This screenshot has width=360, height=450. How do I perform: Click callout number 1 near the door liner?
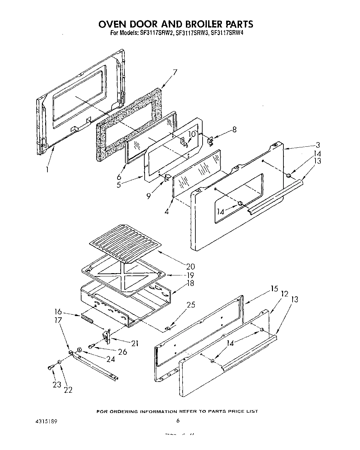[47, 170]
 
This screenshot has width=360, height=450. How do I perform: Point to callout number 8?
[234, 129]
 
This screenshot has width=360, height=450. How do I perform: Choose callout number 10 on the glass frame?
[192, 134]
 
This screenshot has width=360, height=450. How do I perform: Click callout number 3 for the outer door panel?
[317, 145]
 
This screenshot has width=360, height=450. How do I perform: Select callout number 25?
[190, 305]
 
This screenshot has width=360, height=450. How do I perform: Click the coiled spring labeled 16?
[87, 319]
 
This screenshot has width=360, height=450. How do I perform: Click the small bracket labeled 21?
[106, 336]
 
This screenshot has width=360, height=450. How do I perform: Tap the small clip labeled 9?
[168, 178]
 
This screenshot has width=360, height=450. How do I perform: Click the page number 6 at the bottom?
[178, 421]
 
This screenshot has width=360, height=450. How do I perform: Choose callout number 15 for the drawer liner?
[274, 289]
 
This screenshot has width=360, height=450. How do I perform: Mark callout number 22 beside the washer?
[68, 389]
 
